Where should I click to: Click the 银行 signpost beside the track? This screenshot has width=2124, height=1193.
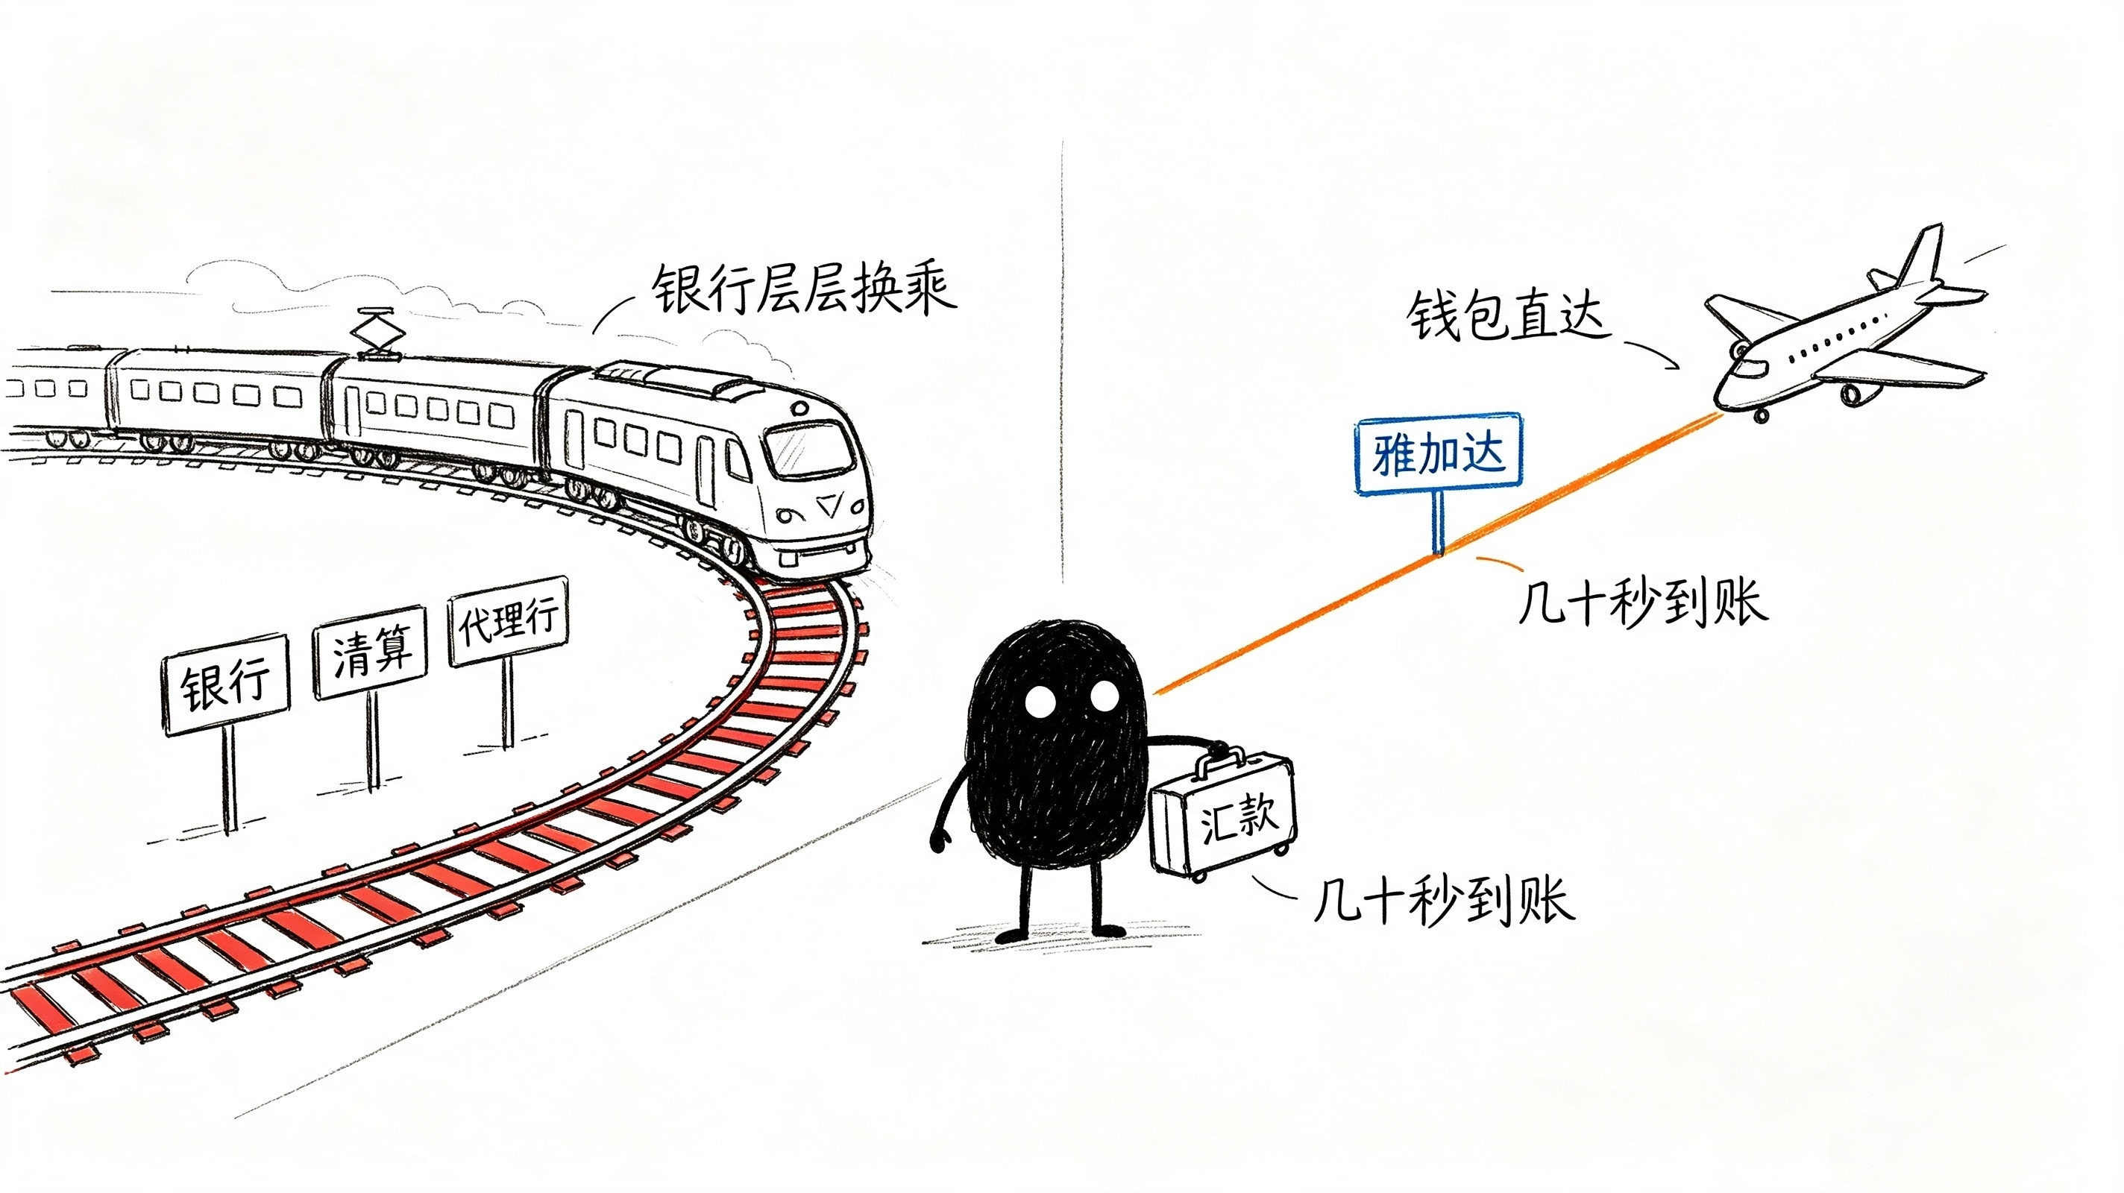pyautogui.click(x=226, y=684)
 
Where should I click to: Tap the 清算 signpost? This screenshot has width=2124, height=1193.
pyautogui.click(x=370, y=652)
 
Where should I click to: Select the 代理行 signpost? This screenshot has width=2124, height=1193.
pyautogui.click(x=509, y=620)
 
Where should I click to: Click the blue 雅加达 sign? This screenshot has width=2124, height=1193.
pyautogui.click(x=1439, y=454)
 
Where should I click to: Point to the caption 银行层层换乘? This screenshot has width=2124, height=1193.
pyautogui.click(x=804, y=289)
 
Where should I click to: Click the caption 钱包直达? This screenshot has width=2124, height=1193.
pyautogui.click(x=1507, y=315)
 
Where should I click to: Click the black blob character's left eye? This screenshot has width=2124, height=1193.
pyautogui.click(x=1040, y=702)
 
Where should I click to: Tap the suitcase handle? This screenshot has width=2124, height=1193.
pyautogui.click(x=1219, y=760)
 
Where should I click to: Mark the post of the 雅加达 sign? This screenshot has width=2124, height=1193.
pyautogui.click(x=1438, y=524)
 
